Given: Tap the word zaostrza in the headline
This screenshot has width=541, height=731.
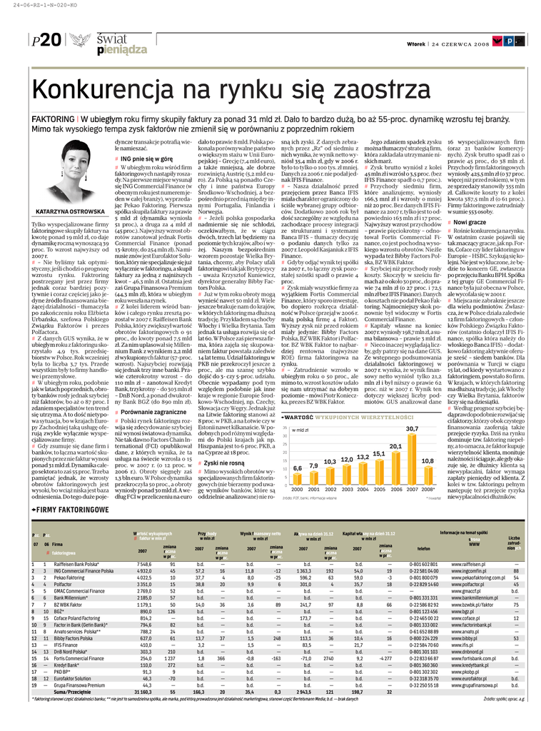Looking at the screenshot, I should [x=375, y=91].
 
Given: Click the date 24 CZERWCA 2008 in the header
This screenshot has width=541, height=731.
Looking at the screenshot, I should [x=464, y=44].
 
